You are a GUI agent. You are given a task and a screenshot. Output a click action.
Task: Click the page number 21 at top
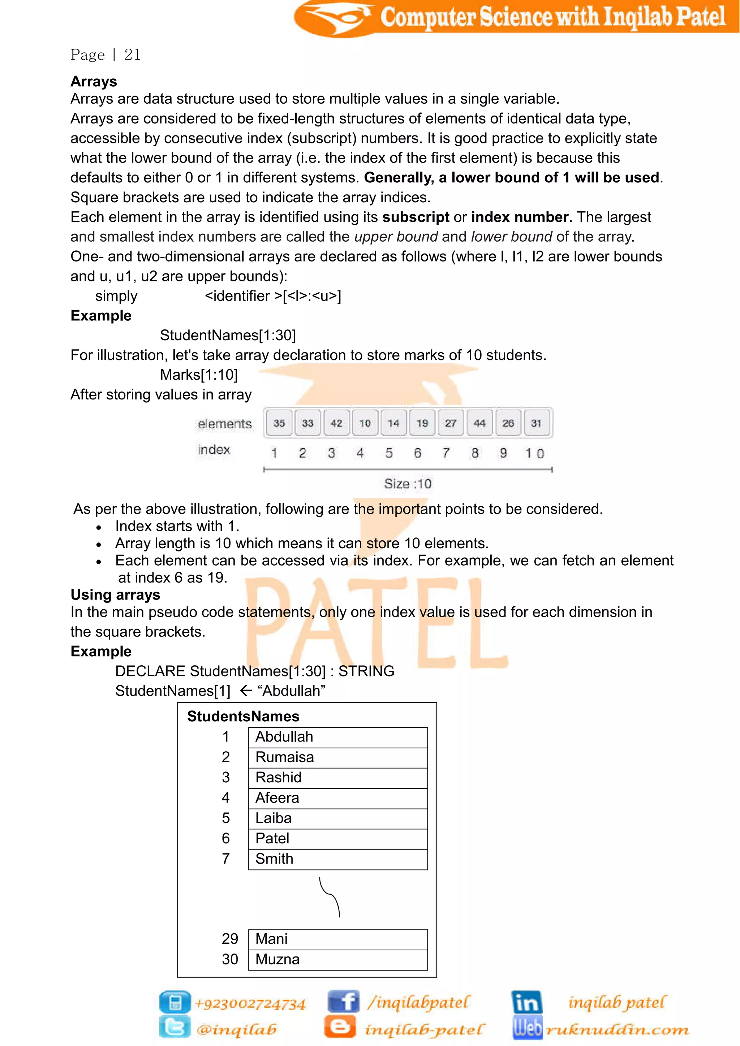(x=132, y=55)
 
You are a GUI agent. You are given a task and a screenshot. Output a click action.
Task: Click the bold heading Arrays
(x=94, y=81)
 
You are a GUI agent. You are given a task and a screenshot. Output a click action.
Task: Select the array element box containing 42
(x=336, y=423)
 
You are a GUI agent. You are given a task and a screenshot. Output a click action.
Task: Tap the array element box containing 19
(x=422, y=423)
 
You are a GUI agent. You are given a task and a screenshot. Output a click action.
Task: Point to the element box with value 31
(x=536, y=423)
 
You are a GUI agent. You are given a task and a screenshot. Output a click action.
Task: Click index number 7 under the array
(x=446, y=453)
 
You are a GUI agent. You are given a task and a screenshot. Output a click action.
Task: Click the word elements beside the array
(x=224, y=424)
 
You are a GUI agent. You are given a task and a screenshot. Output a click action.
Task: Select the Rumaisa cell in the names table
(x=337, y=757)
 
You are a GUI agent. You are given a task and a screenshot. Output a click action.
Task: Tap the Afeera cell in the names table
(x=337, y=798)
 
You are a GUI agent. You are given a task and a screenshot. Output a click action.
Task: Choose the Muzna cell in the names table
(x=337, y=959)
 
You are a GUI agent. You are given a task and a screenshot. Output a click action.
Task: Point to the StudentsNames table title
(x=243, y=716)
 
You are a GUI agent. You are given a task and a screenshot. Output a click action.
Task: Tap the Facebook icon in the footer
(x=344, y=1001)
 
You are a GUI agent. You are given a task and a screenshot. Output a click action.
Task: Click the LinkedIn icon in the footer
(x=526, y=1002)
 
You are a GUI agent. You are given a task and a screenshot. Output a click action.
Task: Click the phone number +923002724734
(x=250, y=1004)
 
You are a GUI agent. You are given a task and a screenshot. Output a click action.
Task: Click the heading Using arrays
(x=115, y=595)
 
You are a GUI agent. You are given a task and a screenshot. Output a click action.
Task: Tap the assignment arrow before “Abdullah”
(x=246, y=691)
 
